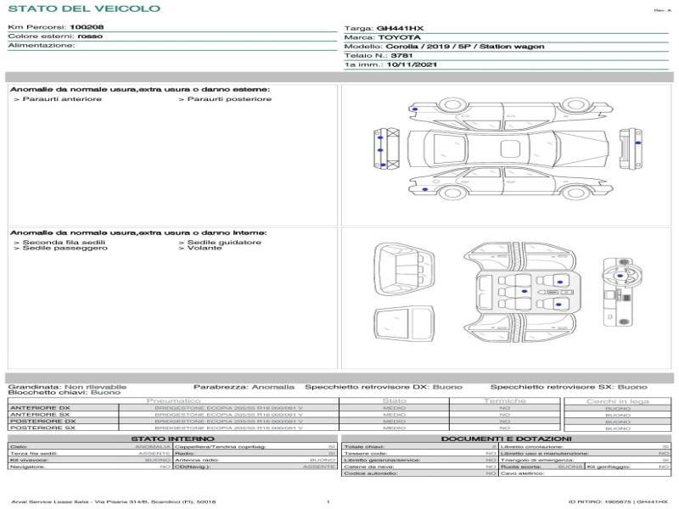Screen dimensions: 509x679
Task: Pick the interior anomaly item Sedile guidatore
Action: click(222, 242)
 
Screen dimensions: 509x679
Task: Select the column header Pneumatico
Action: click(174, 400)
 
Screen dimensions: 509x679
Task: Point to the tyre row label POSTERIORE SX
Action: click(42, 428)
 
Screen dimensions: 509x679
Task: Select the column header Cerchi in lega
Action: click(617, 400)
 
